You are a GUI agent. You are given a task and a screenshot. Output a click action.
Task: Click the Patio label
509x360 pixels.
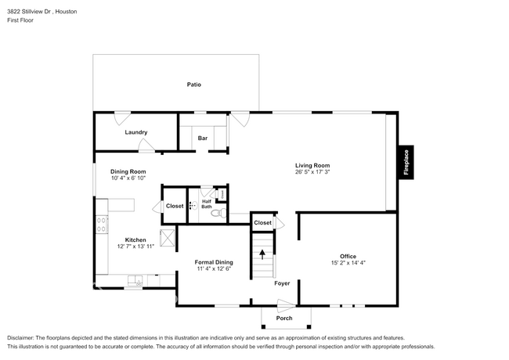(x=193, y=85)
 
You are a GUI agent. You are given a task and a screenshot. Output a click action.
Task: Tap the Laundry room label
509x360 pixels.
(x=136, y=132)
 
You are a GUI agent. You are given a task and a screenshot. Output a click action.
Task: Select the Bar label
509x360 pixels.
(x=202, y=139)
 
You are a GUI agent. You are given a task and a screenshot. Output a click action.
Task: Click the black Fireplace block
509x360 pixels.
(x=406, y=162)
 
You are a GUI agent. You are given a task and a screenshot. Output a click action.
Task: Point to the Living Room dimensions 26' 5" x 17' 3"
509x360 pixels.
(x=312, y=172)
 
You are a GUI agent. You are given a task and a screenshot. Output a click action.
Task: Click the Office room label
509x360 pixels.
(x=348, y=256)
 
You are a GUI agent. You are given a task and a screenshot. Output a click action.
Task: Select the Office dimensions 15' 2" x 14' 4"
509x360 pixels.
(x=348, y=263)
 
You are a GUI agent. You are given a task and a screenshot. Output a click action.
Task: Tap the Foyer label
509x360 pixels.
(x=282, y=283)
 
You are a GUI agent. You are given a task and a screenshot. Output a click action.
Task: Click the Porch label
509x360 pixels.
(x=284, y=319)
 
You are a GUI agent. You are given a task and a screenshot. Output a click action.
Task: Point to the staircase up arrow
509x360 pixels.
(x=262, y=254)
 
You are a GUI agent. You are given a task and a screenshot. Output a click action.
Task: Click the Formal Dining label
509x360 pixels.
(x=214, y=262)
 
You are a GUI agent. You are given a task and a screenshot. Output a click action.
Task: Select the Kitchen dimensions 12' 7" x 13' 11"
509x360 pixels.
(x=135, y=247)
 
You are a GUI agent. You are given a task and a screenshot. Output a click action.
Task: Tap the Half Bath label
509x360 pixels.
(x=207, y=203)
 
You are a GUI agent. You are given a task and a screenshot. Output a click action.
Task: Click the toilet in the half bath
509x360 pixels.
(x=221, y=213)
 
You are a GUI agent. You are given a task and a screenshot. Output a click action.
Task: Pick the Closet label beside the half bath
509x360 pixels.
(x=175, y=206)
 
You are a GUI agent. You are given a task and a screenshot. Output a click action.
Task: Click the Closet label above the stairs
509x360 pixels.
(x=262, y=223)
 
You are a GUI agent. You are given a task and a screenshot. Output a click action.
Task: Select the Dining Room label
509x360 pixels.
(x=128, y=171)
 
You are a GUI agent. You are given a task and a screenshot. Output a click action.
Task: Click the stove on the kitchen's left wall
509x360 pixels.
(x=102, y=224)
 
